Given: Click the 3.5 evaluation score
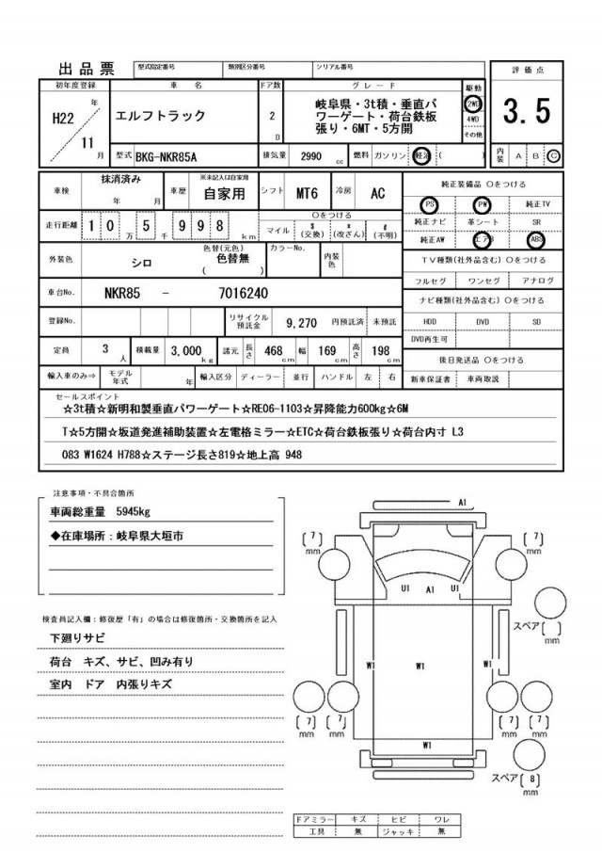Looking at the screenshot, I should pyautogui.click(x=527, y=113).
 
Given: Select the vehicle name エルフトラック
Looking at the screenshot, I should pyautogui.click(x=156, y=117).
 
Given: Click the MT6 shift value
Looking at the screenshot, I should pyautogui.click(x=306, y=194).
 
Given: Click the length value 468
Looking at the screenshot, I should pyautogui.click(x=275, y=350).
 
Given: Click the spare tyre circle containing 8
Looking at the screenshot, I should pyautogui.click(x=534, y=780).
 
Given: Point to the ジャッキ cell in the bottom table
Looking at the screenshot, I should pyautogui.click(x=400, y=832).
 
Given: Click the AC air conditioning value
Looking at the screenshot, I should pyautogui.click(x=376, y=194).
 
